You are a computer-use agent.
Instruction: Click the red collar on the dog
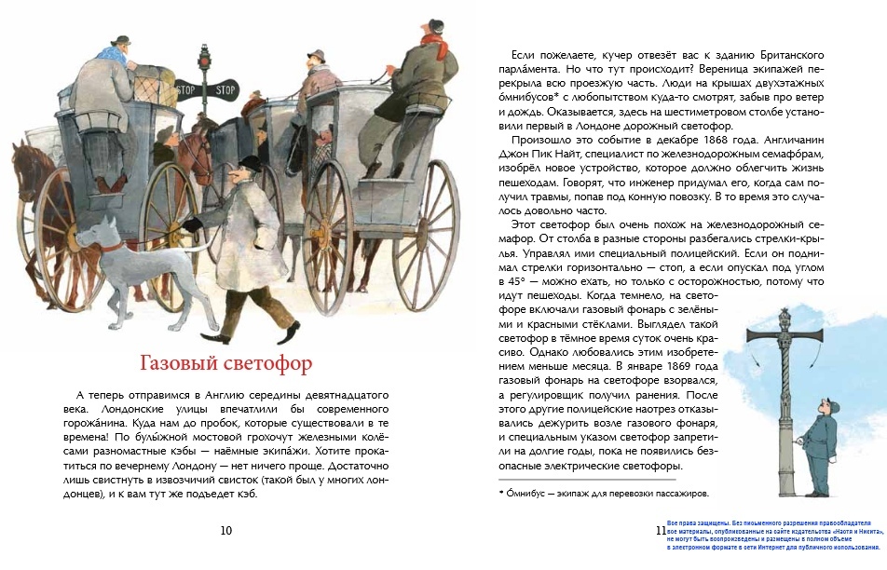pyautogui.click(x=111, y=247)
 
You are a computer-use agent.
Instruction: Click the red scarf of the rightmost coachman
pyautogui.click(x=430, y=40)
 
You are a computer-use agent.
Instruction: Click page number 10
pyautogui.click(x=225, y=530)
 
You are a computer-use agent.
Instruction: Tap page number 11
pyautogui.click(x=661, y=530)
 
